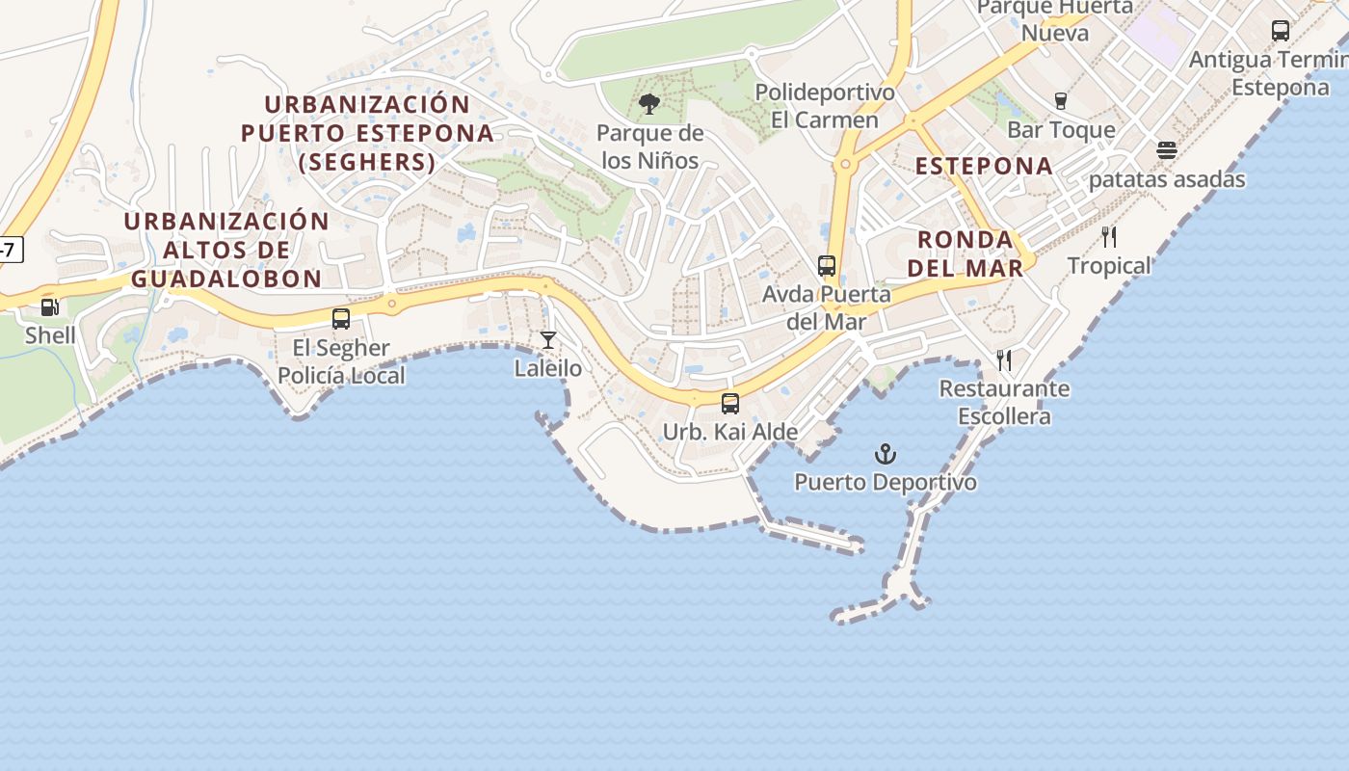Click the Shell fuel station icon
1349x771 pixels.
point(49,307)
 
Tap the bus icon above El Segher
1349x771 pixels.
point(341,319)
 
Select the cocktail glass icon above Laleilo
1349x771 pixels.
point(548,340)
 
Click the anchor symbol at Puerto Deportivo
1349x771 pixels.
point(886,454)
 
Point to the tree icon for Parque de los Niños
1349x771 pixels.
point(649,104)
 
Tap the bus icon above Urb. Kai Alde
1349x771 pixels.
point(730,404)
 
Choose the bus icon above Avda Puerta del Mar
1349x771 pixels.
point(827,266)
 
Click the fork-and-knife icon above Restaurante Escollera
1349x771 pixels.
point(1004,360)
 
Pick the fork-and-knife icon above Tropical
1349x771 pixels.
point(1109,237)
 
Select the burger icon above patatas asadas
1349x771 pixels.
point(1167,151)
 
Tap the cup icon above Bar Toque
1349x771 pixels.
point(1061,102)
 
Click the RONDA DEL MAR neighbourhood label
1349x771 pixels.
point(965,253)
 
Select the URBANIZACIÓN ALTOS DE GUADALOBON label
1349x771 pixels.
point(226,250)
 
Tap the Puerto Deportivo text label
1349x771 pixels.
point(886,482)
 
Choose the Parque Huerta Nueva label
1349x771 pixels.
point(1055,20)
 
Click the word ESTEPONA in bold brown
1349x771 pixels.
point(984,166)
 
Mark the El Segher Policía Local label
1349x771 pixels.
point(341,361)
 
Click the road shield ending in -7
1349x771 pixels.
point(10,251)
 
